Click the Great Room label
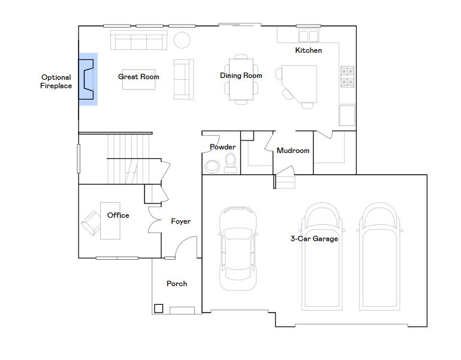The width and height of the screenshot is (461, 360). (x=138, y=77)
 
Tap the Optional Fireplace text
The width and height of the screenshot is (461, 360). (x=56, y=82)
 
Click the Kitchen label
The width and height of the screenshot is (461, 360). (x=308, y=50)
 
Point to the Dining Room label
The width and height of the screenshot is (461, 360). (x=241, y=76)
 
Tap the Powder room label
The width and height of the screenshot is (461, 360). (x=222, y=147)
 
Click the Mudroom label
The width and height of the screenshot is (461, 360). (x=293, y=151)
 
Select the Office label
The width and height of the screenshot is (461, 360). (x=118, y=215)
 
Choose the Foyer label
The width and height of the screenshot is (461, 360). (x=181, y=221)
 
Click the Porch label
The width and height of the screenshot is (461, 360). (x=177, y=283)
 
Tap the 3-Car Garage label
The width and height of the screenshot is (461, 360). (x=314, y=239)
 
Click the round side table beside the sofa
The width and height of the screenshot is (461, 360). (x=182, y=40)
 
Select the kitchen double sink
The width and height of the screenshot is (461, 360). (x=308, y=36)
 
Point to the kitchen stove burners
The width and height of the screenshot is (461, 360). (x=347, y=77)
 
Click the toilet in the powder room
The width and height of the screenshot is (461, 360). (x=230, y=163)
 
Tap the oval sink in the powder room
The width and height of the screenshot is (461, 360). (x=212, y=166)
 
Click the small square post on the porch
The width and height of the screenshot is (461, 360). (x=158, y=308)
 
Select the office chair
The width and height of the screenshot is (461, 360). (x=91, y=223)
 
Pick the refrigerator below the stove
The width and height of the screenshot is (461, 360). (x=347, y=115)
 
